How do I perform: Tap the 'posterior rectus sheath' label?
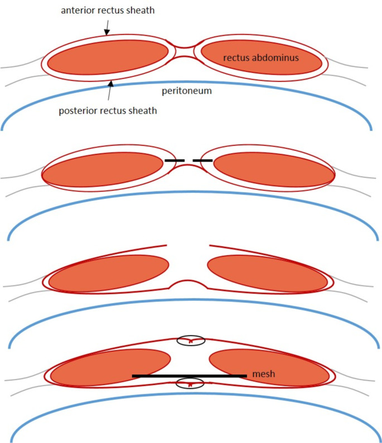107,110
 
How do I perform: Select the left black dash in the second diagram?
175,160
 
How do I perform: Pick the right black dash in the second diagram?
202,160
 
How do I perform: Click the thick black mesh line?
190,376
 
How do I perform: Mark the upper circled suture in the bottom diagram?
191,340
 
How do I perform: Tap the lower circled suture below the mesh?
191,383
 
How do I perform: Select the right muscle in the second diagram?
273,170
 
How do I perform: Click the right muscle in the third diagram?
267,274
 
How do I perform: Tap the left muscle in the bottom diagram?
110,367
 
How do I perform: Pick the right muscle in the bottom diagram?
268,367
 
